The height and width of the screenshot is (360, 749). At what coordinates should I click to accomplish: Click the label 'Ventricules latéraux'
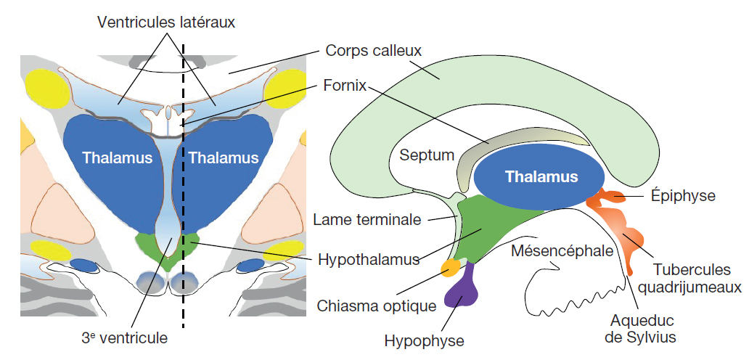tap(166, 22)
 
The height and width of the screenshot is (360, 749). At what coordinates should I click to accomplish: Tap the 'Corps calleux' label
tap(373, 51)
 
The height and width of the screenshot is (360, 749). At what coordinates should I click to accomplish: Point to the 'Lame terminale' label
tap(367, 218)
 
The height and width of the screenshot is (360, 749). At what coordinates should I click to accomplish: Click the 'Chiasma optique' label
tap(377, 305)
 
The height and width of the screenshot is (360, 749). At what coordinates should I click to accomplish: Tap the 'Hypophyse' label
tap(424, 340)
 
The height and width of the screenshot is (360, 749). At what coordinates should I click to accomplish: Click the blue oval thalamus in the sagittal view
tap(541, 176)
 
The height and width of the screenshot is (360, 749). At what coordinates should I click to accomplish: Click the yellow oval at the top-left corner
tap(47, 87)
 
